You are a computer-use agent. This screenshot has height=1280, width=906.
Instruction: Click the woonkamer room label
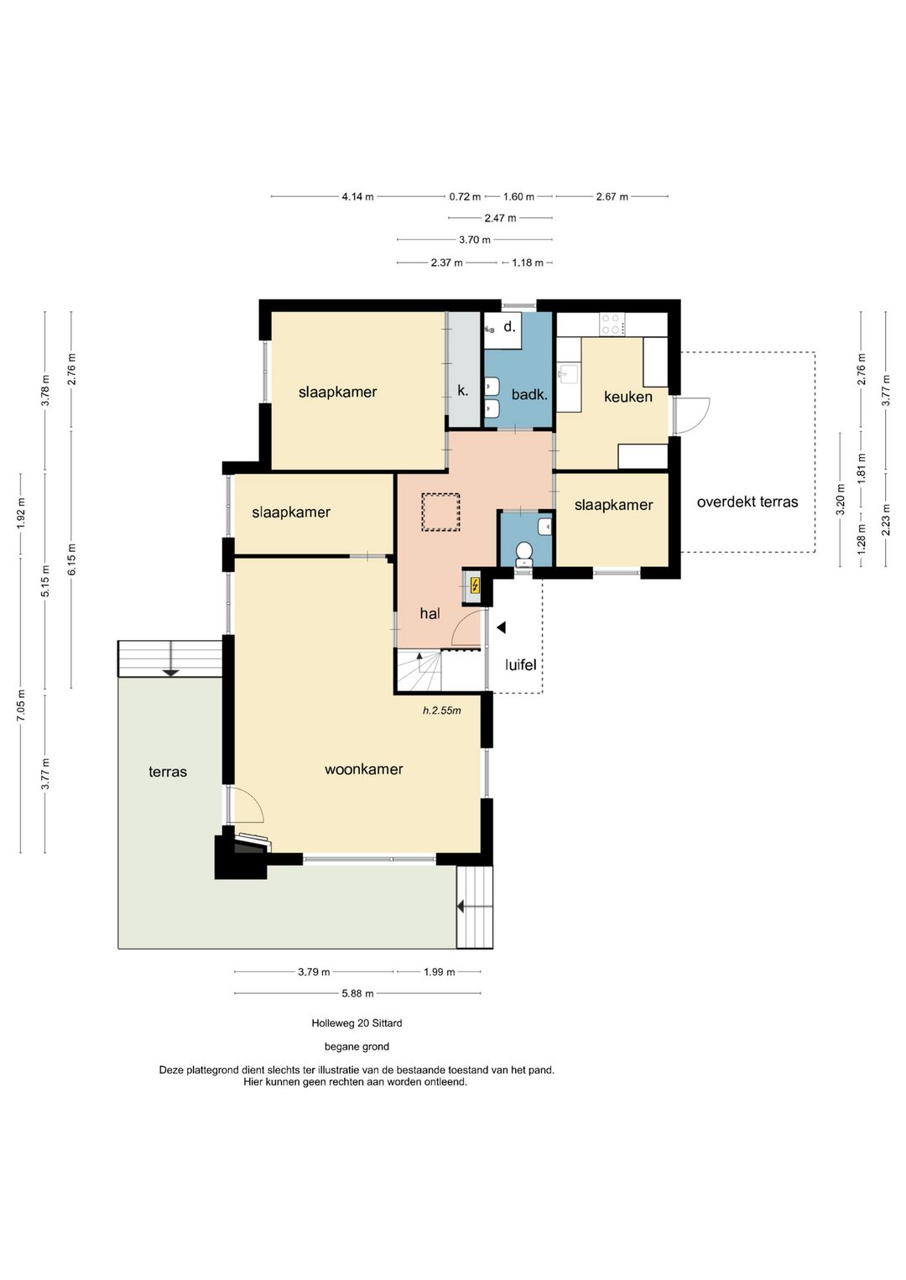tap(363, 769)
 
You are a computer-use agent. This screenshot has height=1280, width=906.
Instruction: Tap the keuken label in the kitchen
tap(627, 397)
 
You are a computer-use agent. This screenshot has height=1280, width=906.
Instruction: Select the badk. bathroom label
tap(529, 393)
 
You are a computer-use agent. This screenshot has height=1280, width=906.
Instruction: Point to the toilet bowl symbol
tap(523, 554)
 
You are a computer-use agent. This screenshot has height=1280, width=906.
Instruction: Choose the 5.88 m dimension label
tap(357, 994)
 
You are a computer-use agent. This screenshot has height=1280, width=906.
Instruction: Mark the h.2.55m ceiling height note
tap(442, 710)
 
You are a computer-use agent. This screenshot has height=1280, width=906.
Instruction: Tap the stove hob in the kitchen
tap(611, 324)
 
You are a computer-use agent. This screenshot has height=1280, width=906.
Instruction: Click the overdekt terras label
tap(747, 502)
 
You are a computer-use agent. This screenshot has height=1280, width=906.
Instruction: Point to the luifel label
tap(520, 664)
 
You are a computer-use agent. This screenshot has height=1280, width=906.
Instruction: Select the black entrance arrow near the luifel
tap(502, 627)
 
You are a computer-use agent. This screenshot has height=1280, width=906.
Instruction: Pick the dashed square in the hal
tap(440, 513)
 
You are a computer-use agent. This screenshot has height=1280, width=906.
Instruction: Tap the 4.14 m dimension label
tap(358, 196)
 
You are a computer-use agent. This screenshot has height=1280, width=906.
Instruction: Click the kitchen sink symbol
tap(568, 375)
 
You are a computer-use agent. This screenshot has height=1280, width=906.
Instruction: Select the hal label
tap(430, 614)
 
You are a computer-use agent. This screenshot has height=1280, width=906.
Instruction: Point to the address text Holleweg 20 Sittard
tap(357, 1022)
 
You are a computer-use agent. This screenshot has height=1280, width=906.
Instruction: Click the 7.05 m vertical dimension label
tap(21, 706)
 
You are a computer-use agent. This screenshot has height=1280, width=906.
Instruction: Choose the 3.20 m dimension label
tap(841, 500)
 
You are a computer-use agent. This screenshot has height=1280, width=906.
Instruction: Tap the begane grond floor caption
tap(357, 1047)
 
